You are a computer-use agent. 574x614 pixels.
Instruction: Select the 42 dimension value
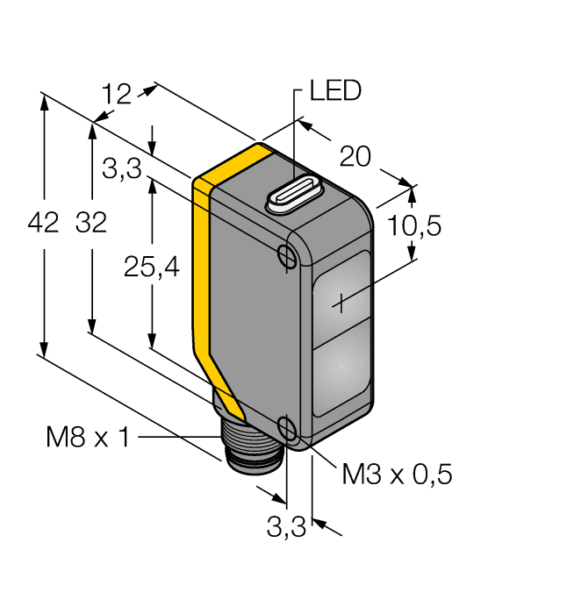[43, 224]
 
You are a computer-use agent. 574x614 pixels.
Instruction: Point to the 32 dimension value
[90, 224]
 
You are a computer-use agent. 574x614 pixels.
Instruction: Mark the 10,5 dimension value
[413, 225]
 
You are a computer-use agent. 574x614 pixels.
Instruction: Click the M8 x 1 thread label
[87, 436]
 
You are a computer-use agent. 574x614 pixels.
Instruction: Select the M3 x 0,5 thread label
[397, 475]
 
